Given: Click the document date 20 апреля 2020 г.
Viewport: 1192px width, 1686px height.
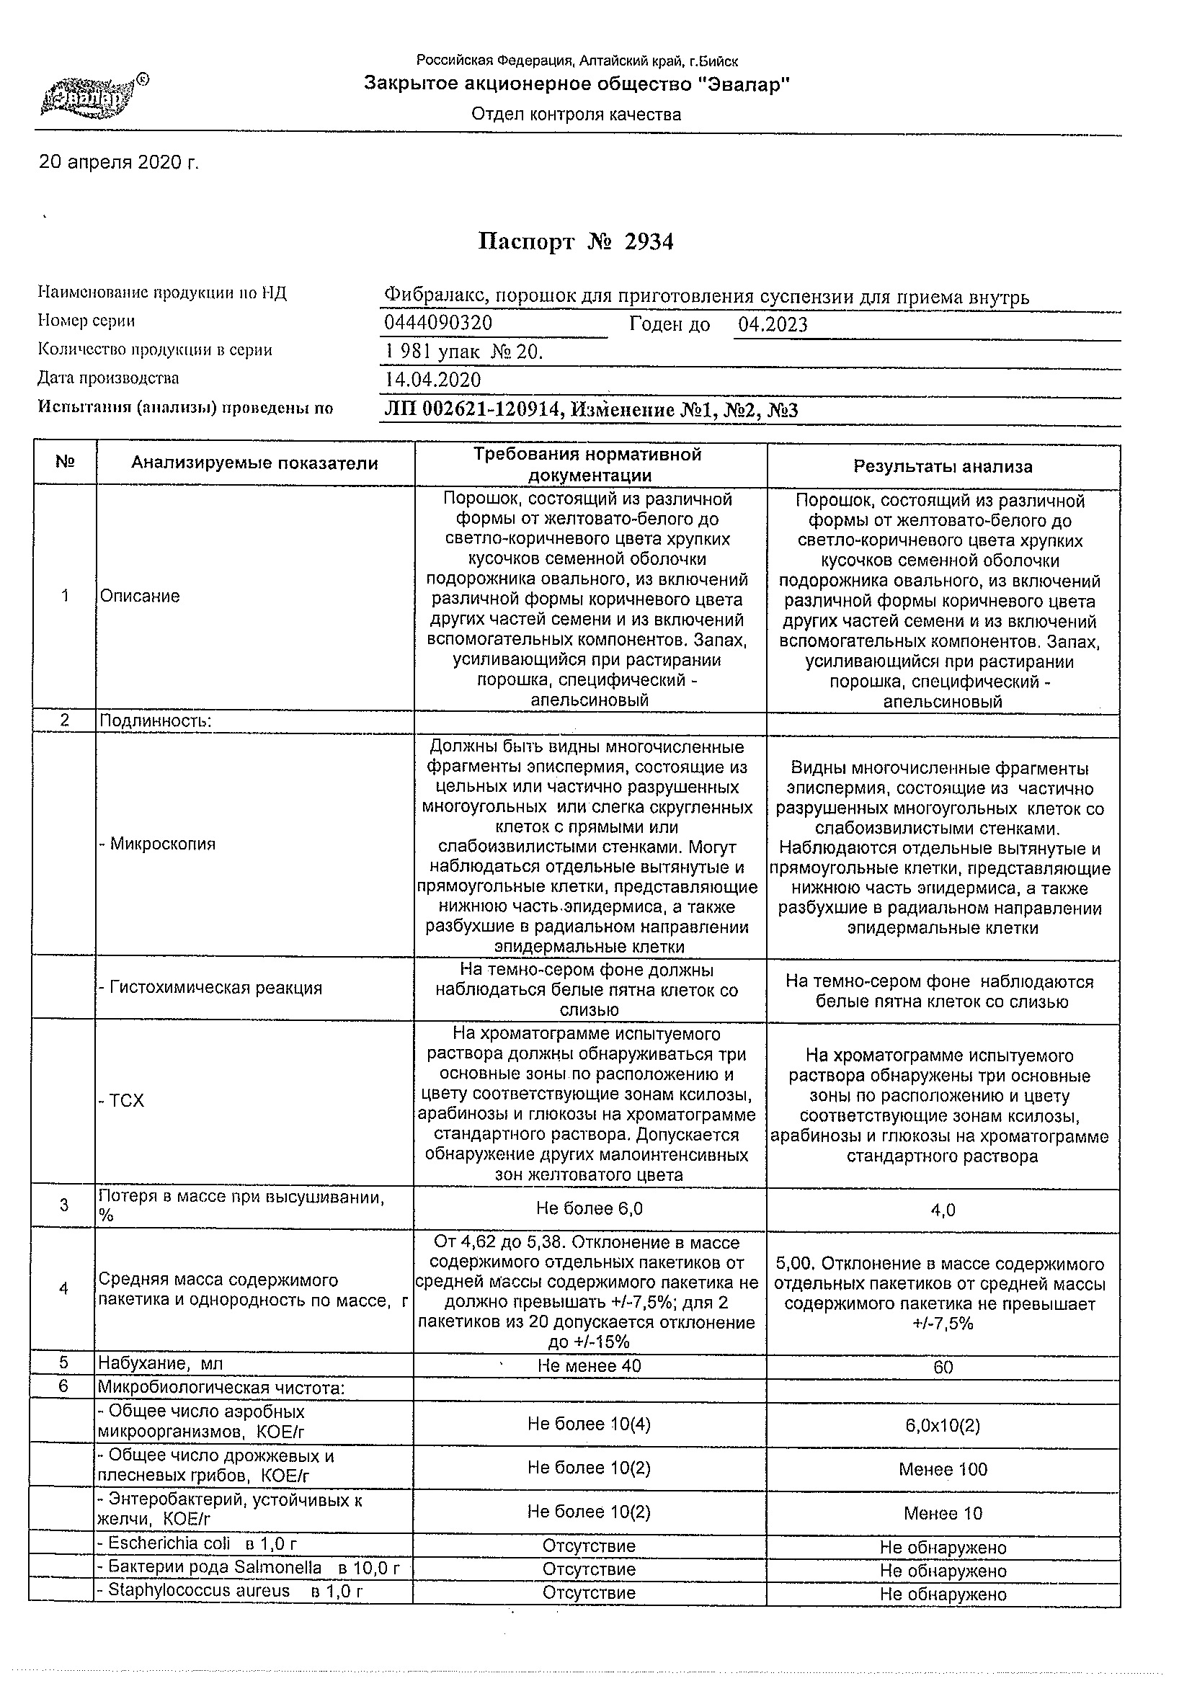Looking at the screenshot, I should (119, 162).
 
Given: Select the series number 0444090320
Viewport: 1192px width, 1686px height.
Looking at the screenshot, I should (437, 323).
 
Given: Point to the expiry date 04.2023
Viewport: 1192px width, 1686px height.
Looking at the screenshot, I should (773, 324).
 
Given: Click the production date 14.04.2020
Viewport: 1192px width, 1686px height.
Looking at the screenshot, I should (432, 380).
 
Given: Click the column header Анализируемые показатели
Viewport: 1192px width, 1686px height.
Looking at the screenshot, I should (254, 463).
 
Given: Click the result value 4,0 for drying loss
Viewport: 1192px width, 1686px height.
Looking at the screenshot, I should (943, 1210).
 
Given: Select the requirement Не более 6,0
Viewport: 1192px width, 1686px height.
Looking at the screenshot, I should (590, 1209).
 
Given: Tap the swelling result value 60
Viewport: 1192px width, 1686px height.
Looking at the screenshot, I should (943, 1367).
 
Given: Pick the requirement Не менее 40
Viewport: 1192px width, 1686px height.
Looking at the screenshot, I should (590, 1365).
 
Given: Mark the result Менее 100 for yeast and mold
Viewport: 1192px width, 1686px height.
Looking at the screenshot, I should (943, 1469).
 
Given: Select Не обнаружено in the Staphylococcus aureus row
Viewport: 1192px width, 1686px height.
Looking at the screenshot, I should (943, 1594).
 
